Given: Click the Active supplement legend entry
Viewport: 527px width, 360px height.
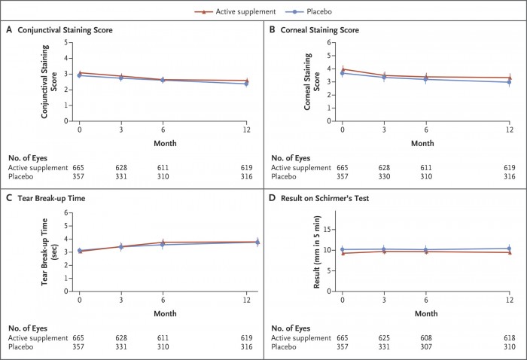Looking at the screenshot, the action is [235, 12].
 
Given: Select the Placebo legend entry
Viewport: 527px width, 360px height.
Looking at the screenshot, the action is [309, 12].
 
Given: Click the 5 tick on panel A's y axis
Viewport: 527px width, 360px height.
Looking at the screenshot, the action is [66, 42].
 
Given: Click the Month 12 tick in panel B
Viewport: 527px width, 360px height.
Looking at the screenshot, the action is [510, 130].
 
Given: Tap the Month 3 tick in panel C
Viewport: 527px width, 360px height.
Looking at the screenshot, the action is [121, 300].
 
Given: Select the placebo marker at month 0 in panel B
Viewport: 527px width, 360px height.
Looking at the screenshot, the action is [343, 73].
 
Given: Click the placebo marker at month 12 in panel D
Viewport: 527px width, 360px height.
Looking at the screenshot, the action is [509, 249].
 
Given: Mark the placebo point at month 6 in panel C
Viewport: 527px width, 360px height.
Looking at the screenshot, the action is [163, 245].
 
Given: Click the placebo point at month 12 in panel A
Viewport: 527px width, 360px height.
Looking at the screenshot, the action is [246, 84].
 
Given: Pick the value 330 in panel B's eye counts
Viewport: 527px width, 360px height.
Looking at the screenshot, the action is [384, 176].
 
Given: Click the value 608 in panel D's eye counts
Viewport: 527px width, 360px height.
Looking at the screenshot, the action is [426, 338].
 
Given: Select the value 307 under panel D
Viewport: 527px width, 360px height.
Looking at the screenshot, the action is [426, 347].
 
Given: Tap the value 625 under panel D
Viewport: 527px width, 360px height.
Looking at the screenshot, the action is [384, 338].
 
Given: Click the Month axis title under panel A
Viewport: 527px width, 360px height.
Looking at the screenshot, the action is [165, 143].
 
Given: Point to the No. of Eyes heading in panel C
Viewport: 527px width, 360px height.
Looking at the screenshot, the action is [28, 328].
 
